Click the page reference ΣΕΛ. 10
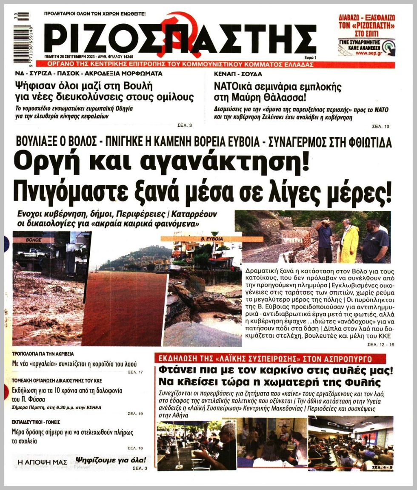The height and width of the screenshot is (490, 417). [x=381, y=126]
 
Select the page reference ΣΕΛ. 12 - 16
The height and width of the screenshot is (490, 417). [x=378, y=345]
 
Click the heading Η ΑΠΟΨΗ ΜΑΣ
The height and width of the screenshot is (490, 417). [x=37, y=461]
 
